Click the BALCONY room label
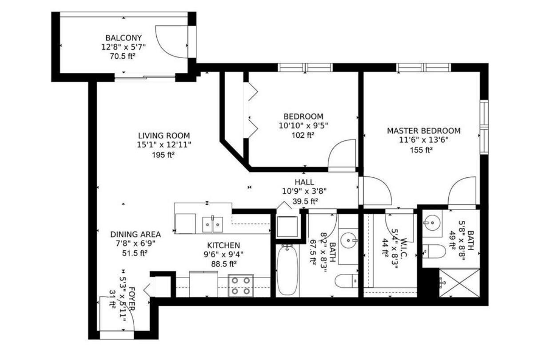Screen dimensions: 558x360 [x=124, y=38]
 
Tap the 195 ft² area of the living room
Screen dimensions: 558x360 [x=163, y=155]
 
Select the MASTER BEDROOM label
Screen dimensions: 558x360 [x=424, y=131]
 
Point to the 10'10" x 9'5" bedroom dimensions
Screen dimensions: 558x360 [x=303, y=126]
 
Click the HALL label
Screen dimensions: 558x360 [x=304, y=182]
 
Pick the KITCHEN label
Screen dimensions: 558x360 [x=224, y=245]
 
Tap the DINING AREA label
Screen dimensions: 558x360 [x=136, y=234]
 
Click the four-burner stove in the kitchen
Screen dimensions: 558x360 [x=241, y=286]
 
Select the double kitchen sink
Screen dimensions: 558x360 [x=212, y=224]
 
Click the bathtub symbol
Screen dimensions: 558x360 [x=287, y=270]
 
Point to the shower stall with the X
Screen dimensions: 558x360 [x=459, y=283]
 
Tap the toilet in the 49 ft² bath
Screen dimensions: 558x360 [x=434, y=252]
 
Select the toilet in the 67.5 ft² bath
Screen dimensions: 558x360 [x=347, y=281]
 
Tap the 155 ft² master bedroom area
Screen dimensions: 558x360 [x=421, y=150]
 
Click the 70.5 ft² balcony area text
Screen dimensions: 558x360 [x=122, y=56]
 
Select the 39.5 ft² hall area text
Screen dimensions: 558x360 [x=305, y=201]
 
